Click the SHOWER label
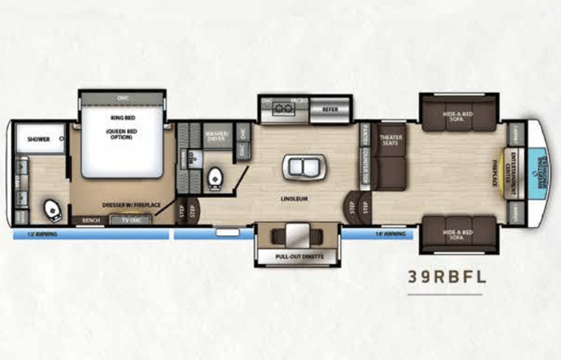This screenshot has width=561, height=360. [38, 140]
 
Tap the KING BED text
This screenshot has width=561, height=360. [122, 117]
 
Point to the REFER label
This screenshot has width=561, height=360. [330, 110]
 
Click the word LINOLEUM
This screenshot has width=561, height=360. [294, 198]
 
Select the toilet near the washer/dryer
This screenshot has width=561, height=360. [216, 177]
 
